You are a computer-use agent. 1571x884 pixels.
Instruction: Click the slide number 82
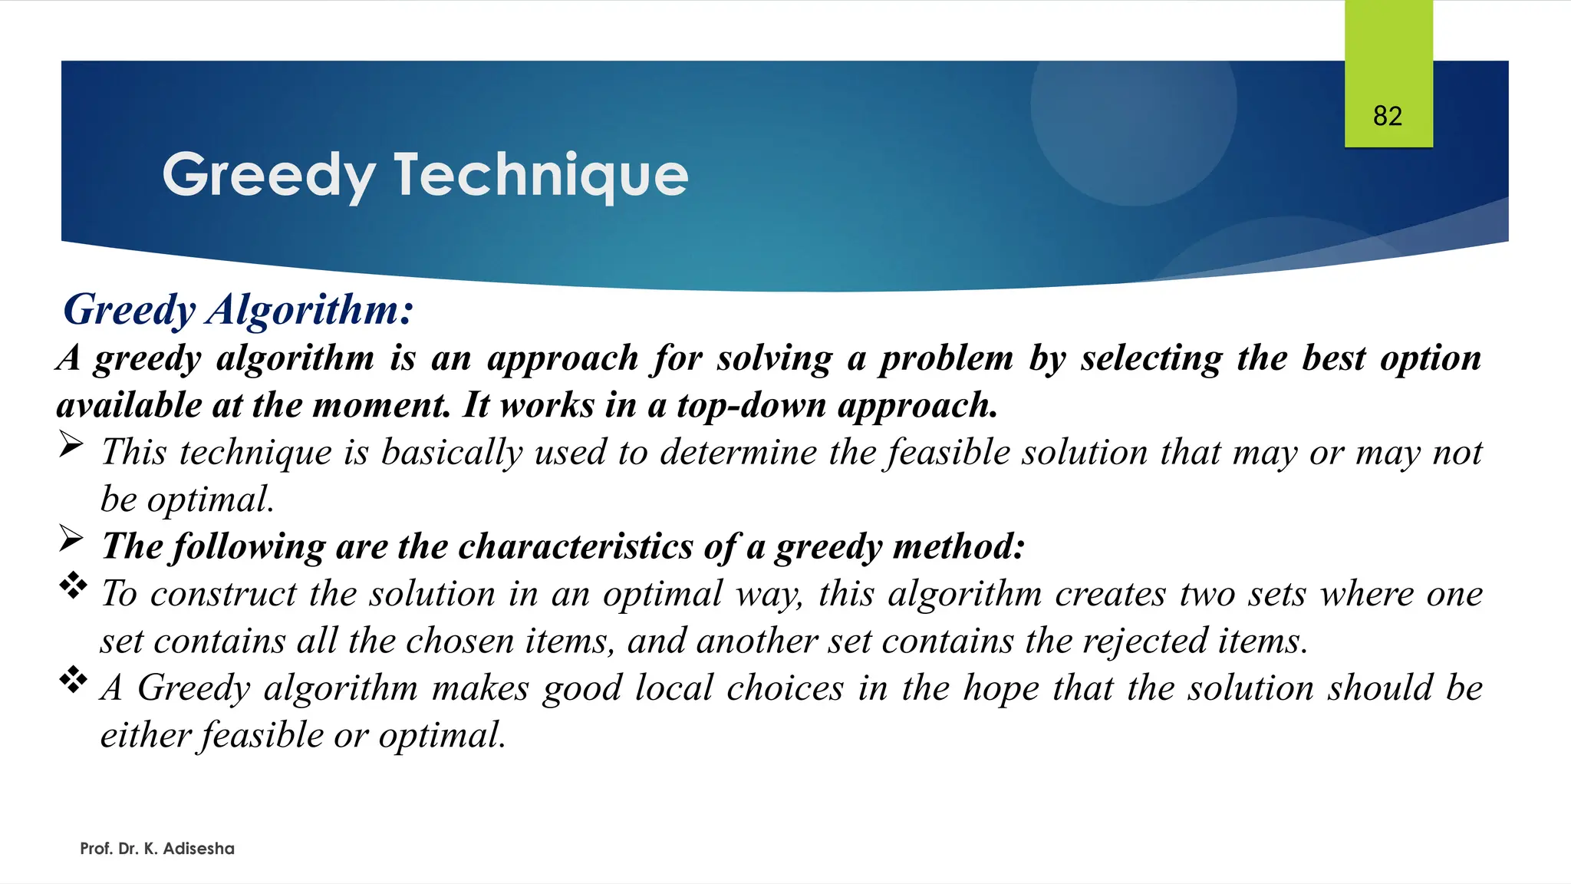(x=1387, y=116)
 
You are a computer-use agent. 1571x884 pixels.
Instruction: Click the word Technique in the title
(x=541, y=175)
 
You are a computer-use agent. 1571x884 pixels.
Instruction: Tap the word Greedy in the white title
(x=268, y=175)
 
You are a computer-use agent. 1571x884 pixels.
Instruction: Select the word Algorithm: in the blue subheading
(x=310, y=309)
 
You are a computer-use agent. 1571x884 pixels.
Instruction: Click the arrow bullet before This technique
(x=71, y=445)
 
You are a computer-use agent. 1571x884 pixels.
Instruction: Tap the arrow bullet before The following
(x=71, y=539)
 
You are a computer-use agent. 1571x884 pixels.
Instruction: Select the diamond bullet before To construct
(x=73, y=586)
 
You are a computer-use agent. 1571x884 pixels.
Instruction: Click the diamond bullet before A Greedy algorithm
(x=73, y=681)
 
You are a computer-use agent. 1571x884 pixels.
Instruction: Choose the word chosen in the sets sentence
(x=459, y=641)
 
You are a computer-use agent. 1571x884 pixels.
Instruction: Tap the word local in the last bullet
(x=674, y=688)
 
